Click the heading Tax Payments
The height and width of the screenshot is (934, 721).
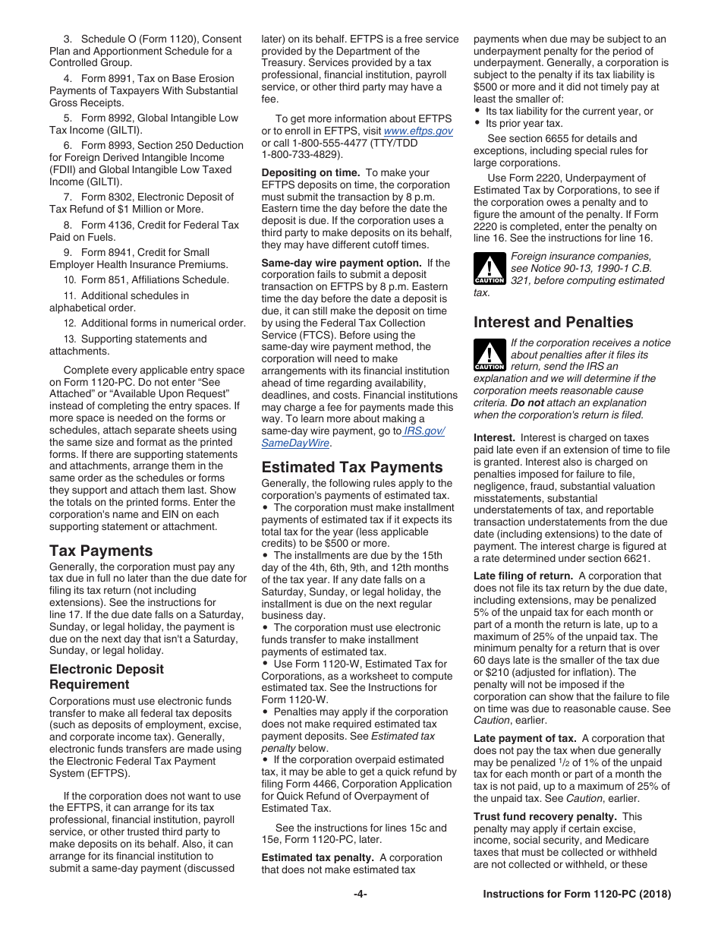(x=101, y=551)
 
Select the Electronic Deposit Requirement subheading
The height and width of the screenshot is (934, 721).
(x=106, y=677)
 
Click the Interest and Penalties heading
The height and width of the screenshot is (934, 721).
(x=553, y=322)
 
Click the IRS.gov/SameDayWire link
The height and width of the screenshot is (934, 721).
(x=353, y=437)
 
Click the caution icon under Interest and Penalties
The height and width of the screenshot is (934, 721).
(x=490, y=356)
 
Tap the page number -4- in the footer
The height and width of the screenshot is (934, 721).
(x=360, y=895)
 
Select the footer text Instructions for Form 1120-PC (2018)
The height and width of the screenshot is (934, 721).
(x=577, y=895)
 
